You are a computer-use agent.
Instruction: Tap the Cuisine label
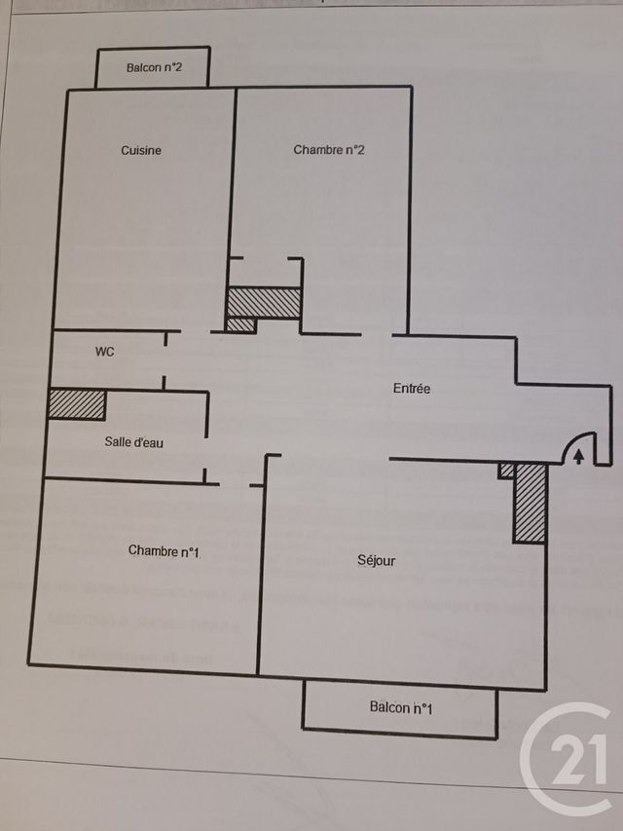pos(141,150)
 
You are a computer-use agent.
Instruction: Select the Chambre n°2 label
pos(329,150)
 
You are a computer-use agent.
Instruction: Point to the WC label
pos(104,352)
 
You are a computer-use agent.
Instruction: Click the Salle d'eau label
pos(134,442)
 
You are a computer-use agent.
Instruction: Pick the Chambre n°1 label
pos(164,551)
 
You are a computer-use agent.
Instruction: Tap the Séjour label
pos(377,561)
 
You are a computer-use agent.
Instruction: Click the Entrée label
pos(412,389)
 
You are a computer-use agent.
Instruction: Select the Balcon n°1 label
pos(401,707)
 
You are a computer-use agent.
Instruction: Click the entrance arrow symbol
pos(579,454)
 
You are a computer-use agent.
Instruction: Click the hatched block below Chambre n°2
pos(264,302)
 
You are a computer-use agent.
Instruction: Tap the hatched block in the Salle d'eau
pos(76,404)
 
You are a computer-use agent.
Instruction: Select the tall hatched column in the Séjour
pos(530,503)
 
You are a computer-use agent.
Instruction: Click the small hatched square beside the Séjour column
pos(506,471)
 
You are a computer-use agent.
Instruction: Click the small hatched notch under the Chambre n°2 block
pos(240,324)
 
